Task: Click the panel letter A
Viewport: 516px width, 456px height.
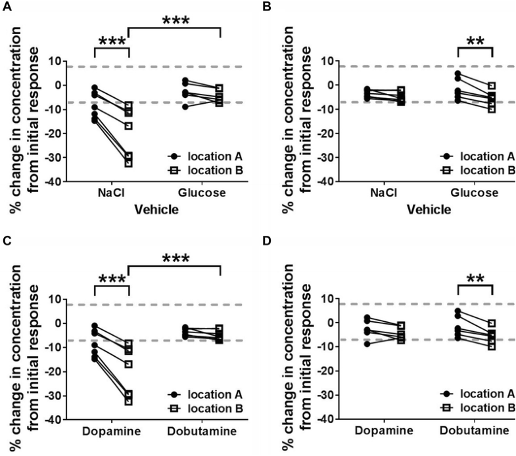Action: pos(7,7)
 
